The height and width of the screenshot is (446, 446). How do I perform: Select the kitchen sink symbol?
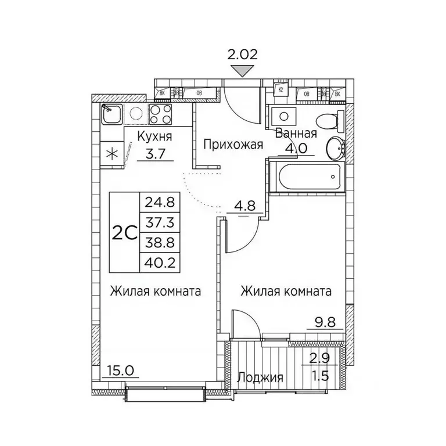coord(111,114)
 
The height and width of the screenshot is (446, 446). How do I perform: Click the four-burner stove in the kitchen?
coord(160,114)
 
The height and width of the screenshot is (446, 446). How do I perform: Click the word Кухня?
coord(154,137)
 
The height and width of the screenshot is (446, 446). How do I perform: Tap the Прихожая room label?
coord(232,145)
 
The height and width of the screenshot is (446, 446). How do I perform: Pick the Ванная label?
coord(296,133)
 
